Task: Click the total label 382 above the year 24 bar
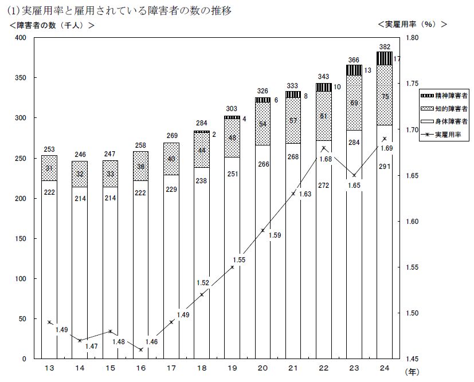[x=385, y=46]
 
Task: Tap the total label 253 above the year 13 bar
[x=49, y=149]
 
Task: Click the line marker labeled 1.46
[x=141, y=349]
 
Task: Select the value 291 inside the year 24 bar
[x=385, y=166]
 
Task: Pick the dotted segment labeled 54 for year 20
[x=263, y=124]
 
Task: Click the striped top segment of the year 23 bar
[x=354, y=70]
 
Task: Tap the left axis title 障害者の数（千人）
[x=52, y=25]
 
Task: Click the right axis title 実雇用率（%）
[x=412, y=25]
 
